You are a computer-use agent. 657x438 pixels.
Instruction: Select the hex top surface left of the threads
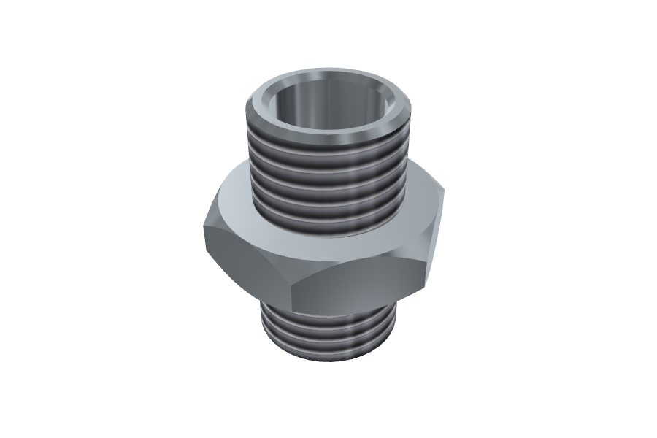click(x=234, y=201)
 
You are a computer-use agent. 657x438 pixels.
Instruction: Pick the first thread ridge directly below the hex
click(x=328, y=316)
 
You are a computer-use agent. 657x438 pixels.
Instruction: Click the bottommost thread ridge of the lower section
click(x=328, y=349)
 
